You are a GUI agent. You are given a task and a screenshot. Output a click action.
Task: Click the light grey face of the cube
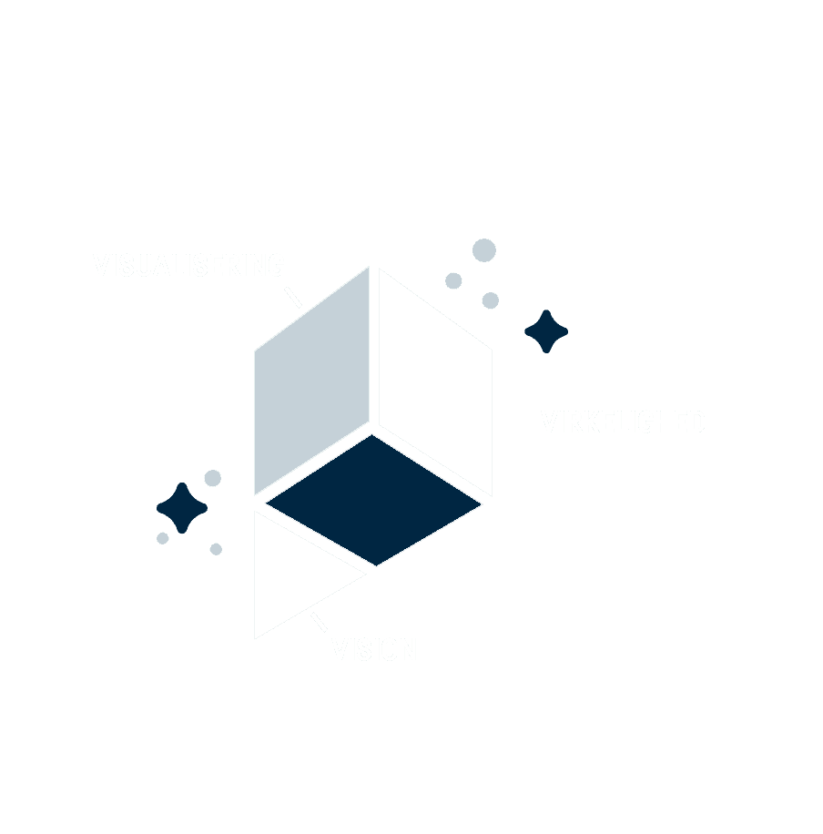[311, 382]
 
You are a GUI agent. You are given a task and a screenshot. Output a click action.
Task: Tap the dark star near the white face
[546, 331]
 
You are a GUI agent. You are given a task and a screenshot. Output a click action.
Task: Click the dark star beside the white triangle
[182, 508]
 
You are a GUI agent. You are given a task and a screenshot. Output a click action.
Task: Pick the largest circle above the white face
[484, 250]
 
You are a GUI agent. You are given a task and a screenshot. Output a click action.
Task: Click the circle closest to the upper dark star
[491, 300]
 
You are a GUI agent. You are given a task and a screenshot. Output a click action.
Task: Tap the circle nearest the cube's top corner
[453, 280]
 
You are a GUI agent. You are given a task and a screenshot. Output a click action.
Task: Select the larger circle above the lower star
[213, 478]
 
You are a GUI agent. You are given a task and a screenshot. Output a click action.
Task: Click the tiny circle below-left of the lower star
[163, 538]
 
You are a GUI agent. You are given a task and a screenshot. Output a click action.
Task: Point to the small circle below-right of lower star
[216, 549]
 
